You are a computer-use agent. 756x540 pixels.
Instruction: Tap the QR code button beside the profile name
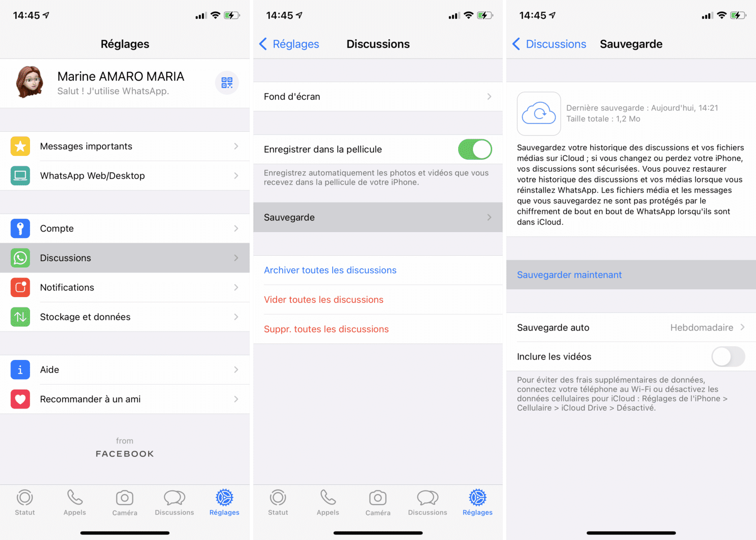[x=227, y=83]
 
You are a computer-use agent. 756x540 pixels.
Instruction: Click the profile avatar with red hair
[x=30, y=82]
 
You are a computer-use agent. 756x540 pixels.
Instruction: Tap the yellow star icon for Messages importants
[x=20, y=146]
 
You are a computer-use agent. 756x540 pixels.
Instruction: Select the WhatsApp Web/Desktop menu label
[x=93, y=176]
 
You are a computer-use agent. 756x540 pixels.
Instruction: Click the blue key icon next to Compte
[x=20, y=228]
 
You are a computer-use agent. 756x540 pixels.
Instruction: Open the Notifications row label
[x=67, y=287]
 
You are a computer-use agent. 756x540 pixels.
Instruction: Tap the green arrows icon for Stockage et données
[x=20, y=317]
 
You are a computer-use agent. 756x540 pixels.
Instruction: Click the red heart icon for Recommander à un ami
[x=20, y=399]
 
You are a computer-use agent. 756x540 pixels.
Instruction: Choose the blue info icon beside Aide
[x=20, y=370]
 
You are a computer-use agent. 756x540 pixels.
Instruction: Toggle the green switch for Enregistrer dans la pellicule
[x=475, y=150]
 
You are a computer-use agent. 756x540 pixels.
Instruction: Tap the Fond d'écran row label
[x=292, y=97]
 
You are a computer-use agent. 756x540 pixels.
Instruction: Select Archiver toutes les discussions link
[x=330, y=270]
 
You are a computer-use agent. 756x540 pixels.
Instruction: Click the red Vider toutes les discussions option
[x=324, y=300]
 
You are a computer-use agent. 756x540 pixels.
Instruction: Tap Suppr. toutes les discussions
[x=326, y=329]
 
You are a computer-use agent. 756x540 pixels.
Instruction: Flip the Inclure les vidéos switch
[x=728, y=357]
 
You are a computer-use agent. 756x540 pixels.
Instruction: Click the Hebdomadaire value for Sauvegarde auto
[x=702, y=328]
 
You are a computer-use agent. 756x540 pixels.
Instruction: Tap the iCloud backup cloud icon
[x=538, y=114]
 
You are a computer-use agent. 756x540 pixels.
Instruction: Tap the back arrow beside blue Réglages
[x=263, y=44]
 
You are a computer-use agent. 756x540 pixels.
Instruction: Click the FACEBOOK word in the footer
[x=125, y=454]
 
